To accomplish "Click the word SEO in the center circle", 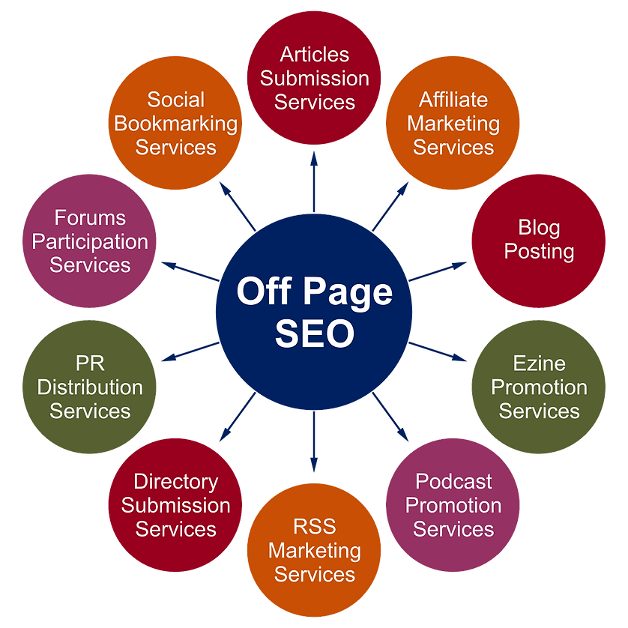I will pyautogui.click(x=314, y=333).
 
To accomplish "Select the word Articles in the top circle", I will pyautogui.click(x=315, y=54).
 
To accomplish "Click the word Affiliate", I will pyautogui.click(x=453, y=100).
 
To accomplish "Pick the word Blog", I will pyautogui.click(x=539, y=227).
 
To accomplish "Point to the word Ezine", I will pyautogui.click(x=540, y=363).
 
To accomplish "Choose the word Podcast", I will pyautogui.click(x=453, y=481).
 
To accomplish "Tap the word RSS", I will pyautogui.click(x=315, y=526).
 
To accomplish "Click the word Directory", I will pyautogui.click(x=175, y=481).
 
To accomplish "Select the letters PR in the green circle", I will pyautogui.click(x=90, y=363).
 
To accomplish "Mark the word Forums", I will pyautogui.click(x=90, y=218).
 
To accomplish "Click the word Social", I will pyautogui.click(x=175, y=100).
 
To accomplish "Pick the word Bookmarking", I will pyautogui.click(x=175, y=123).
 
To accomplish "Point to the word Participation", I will pyautogui.click(x=90, y=241).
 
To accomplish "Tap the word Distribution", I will pyautogui.click(x=90, y=387).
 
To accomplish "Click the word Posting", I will pyautogui.click(x=539, y=251).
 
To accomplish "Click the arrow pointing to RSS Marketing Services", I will pyautogui.click(x=315, y=466).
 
